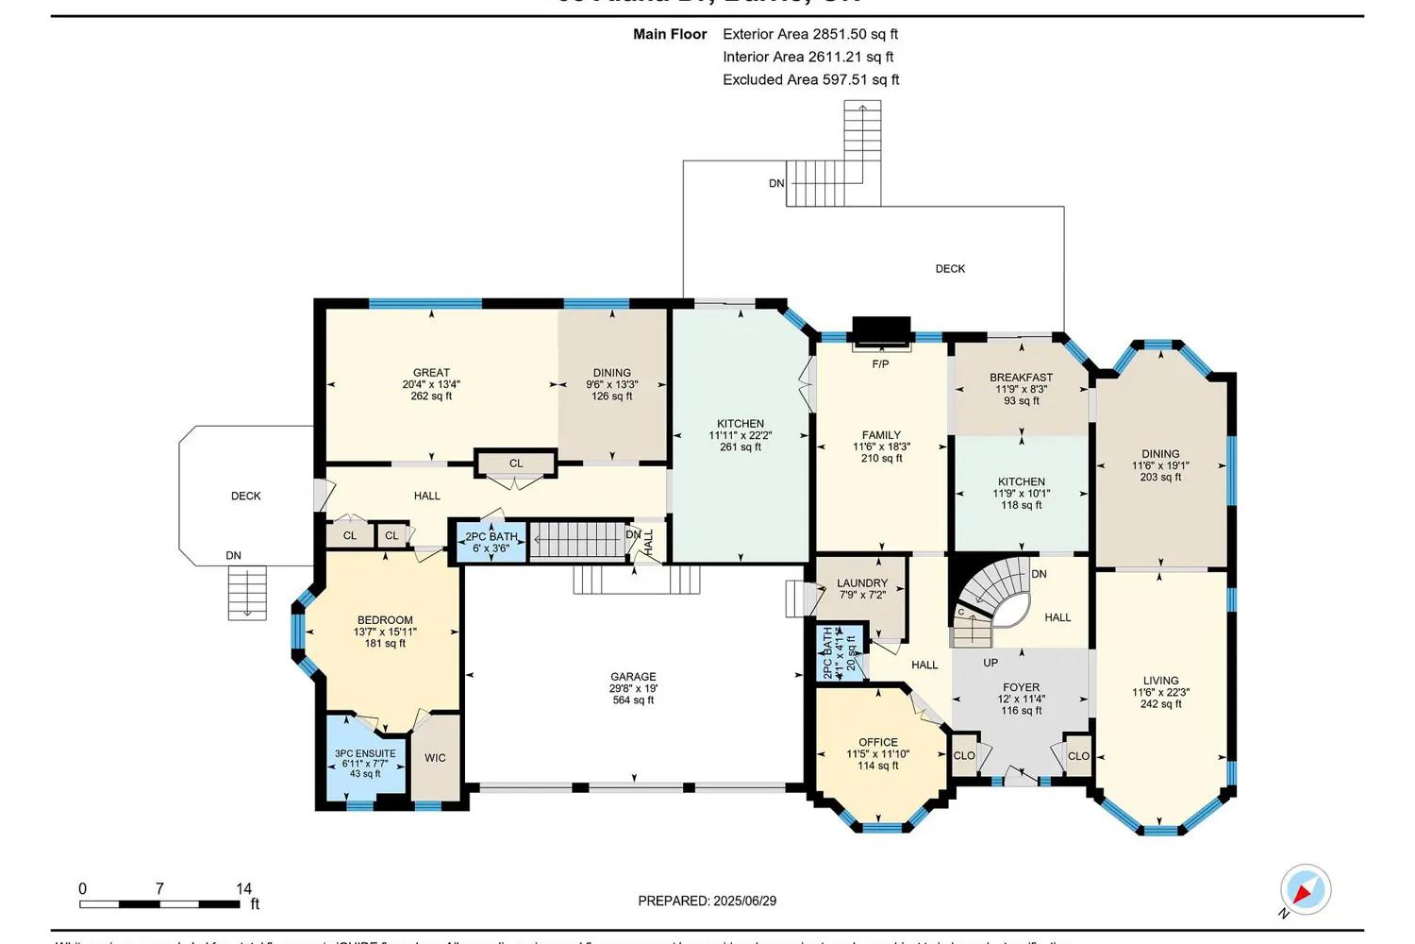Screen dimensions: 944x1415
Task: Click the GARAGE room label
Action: (633, 678)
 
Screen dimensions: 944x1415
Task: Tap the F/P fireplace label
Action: (880, 364)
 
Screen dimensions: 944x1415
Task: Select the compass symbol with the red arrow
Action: (1305, 889)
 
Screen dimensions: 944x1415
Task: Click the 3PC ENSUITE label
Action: (365, 754)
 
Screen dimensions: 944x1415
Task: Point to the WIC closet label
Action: (435, 758)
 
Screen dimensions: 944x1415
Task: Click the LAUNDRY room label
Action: (861, 583)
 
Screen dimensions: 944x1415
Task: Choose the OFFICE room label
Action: (878, 743)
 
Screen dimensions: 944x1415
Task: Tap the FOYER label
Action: (1021, 688)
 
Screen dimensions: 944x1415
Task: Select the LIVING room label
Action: (1160, 681)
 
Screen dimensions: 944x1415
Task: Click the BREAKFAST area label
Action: (1021, 378)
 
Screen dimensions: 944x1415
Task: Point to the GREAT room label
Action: (431, 373)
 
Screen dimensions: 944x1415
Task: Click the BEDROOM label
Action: (385, 621)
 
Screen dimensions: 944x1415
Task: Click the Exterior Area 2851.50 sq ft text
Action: (809, 34)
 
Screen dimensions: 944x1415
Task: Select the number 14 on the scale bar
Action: (243, 888)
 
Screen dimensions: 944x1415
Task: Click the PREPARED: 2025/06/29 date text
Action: (707, 902)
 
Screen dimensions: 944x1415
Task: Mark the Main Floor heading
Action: (670, 34)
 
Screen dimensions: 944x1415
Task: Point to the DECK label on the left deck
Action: (246, 497)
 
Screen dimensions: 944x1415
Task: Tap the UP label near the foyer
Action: (990, 663)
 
